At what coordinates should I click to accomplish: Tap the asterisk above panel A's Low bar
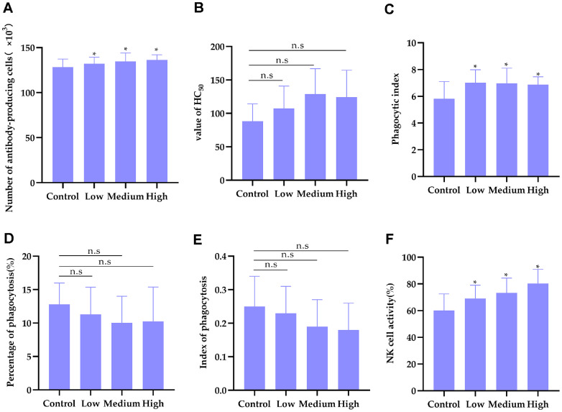click(94, 55)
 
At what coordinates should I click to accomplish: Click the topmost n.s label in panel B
click(295, 46)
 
